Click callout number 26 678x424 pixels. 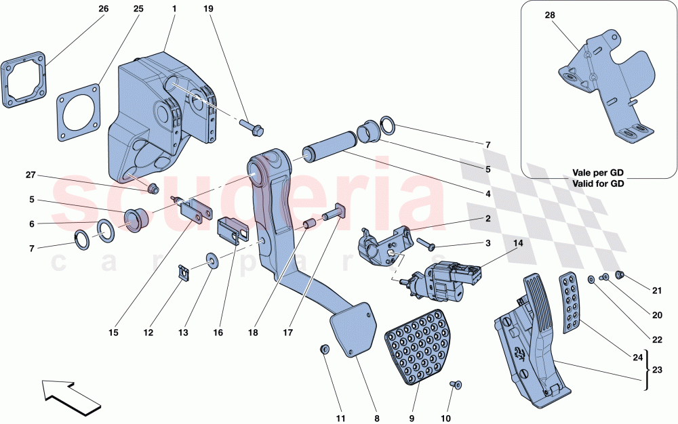(x=103, y=9)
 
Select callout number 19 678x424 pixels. (x=208, y=9)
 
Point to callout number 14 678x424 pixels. (x=517, y=242)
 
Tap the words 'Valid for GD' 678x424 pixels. (x=598, y=183)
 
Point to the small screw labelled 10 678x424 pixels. (x=454, y=385)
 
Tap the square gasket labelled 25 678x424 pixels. (x=78, y=112)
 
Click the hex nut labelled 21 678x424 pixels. (x=618, y=274)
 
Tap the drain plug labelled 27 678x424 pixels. (x=153, y=188)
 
